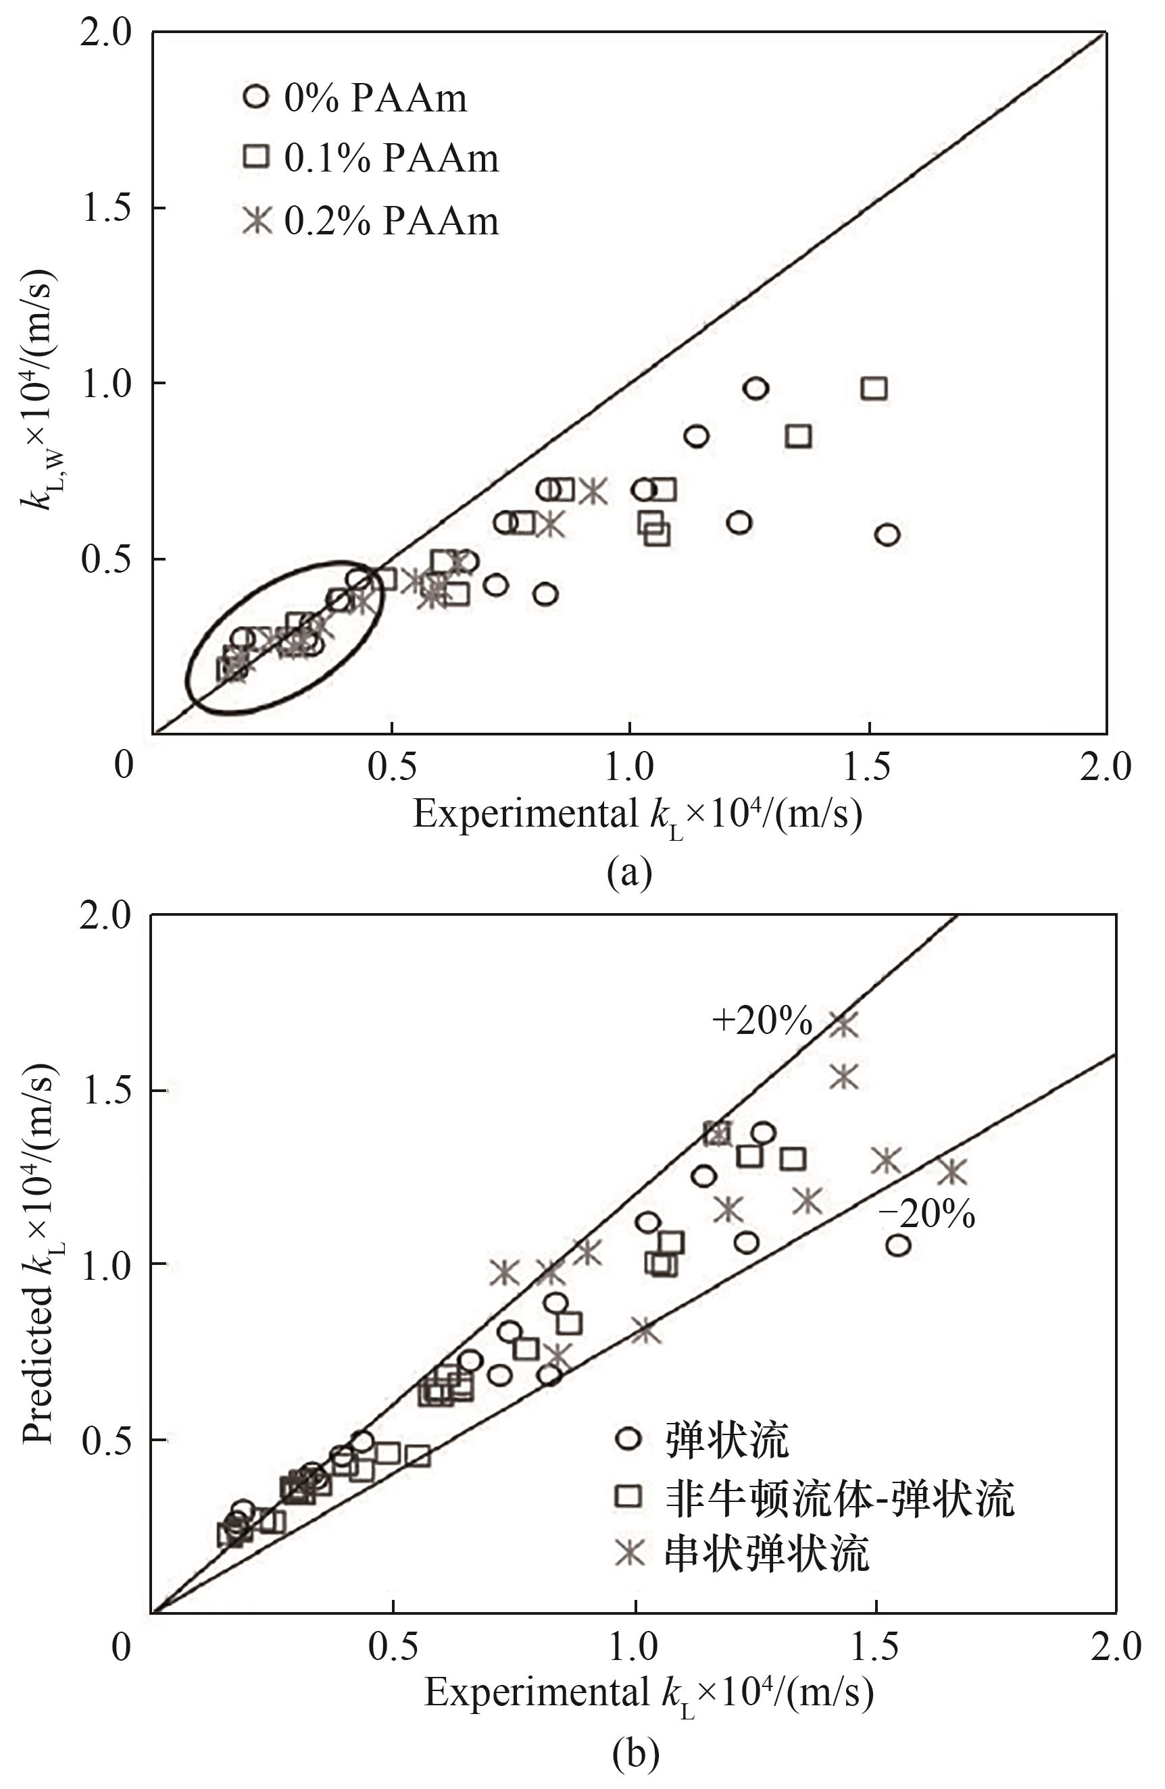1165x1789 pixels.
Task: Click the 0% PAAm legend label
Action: pos(374,99)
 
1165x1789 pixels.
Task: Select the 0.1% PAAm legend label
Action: pos(391,159)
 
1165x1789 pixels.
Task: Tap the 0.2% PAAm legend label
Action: pos(391,221)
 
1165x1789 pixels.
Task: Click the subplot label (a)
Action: pos(630,873)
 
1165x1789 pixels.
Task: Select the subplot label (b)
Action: pos(635,1755)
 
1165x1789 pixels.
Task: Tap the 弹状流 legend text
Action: pos(726,1438)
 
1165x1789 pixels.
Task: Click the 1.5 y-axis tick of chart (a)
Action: pos(106,208)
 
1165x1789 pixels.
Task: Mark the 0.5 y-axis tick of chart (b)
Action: pos(106,1441)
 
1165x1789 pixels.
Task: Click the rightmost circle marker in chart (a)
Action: pos(887,535)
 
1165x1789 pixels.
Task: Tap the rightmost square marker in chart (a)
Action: pos(874,388)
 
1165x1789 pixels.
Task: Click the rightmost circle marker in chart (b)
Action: pos(898,1245)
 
